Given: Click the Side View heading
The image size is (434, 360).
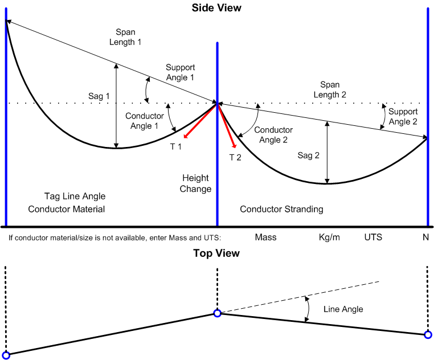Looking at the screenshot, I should pos(216,8).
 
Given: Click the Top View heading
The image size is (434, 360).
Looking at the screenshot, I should pos(216,253).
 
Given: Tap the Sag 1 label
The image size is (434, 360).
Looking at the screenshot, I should pos(99,96).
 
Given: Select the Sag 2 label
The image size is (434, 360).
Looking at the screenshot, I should pos(309,155).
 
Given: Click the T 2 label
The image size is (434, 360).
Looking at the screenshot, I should pos(235,157).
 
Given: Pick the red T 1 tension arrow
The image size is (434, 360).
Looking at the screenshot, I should pos(199,121).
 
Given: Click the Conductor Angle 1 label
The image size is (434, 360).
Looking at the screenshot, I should pos(145,120).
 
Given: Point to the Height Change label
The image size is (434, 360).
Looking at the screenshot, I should pos(195,183).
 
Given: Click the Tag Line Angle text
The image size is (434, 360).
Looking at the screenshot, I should pos(75,196).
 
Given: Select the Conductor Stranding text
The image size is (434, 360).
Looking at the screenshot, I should pos(281,209).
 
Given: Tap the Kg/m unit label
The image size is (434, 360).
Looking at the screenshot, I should pos(329,237).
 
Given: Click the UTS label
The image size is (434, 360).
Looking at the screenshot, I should pos(374,237).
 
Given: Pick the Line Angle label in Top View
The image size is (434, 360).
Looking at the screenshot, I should pos(343,309).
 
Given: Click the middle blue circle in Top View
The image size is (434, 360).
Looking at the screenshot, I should pos(217,313).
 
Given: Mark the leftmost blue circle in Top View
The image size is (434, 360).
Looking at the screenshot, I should pos(6,355).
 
